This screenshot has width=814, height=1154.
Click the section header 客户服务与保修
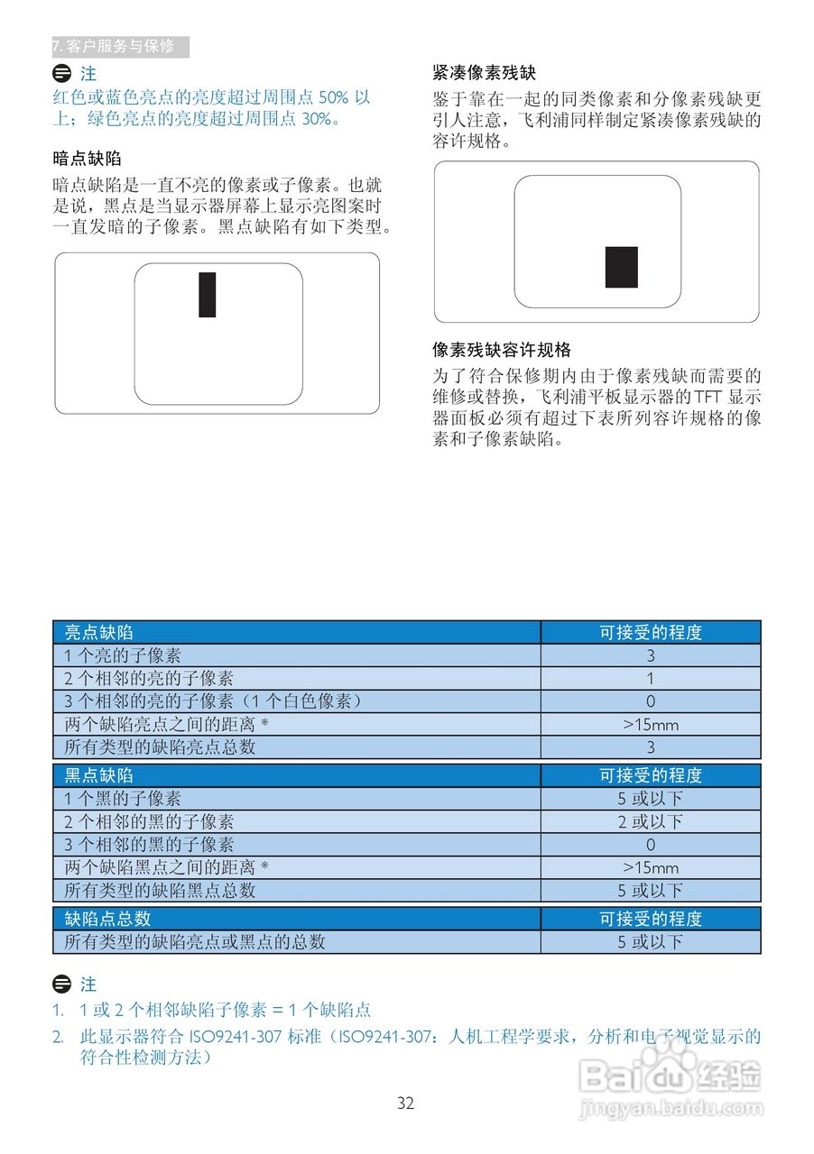119,47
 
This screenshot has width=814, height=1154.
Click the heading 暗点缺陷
88,159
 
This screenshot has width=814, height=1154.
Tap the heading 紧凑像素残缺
485,73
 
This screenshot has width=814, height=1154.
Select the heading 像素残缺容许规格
502,350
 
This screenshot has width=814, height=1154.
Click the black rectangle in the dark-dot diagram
208,295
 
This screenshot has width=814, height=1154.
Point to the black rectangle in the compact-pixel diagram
622,267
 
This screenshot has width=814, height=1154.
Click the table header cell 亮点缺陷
99,633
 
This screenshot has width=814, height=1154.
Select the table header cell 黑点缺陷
99,775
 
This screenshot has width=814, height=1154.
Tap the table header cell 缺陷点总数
107,919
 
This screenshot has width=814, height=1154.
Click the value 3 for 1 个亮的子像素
651,656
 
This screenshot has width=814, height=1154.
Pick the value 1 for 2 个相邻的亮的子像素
651,679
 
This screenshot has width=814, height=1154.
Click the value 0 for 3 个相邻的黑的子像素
651,845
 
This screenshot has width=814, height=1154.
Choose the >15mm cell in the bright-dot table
651,725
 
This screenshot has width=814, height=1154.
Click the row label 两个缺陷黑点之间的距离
167,867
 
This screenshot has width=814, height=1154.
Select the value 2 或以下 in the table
651,821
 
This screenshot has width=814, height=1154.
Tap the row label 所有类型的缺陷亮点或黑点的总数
195,942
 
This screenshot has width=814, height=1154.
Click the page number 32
405,1104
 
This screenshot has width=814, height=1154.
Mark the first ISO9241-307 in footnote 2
236,1037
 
